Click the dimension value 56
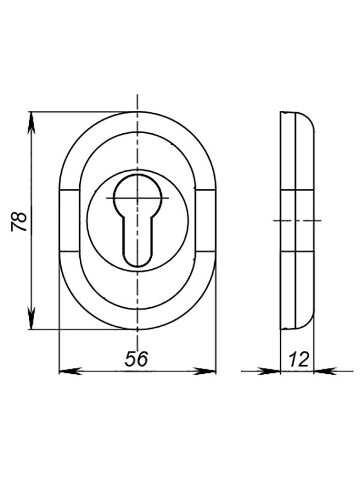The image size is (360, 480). click(136, 359)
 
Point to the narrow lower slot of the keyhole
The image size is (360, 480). click(137, 242)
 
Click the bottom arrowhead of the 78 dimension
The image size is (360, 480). click(31, 319)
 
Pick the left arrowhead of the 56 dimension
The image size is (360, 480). click(70, 371)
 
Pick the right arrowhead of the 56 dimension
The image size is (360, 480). click(205, 371)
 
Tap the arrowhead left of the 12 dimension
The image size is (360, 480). click(269, 371)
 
